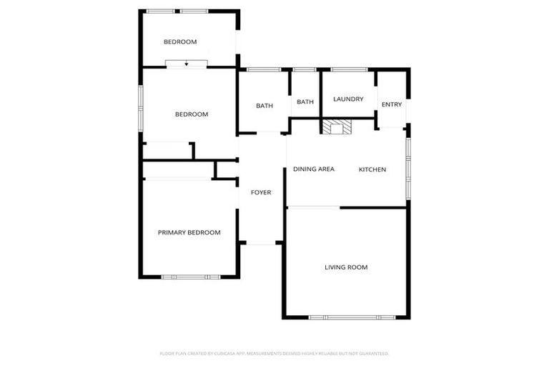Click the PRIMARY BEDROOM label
[189, 232]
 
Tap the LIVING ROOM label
[346, 267]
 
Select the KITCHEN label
[372, 169]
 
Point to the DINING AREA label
[314, 169]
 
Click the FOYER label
[260, 192]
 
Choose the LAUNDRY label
[348, 99]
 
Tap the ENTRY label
[392, 104]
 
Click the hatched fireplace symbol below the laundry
[336, 127]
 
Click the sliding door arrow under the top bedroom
[187, 64]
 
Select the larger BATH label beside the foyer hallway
[264, 106]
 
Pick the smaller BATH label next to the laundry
[305, 102]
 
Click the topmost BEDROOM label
[180, 42]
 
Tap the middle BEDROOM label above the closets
[192, 114]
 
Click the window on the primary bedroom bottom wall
[186, 277]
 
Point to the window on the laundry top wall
[349, 69]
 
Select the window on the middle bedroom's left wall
[141, 107]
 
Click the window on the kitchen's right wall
[408, 168]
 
